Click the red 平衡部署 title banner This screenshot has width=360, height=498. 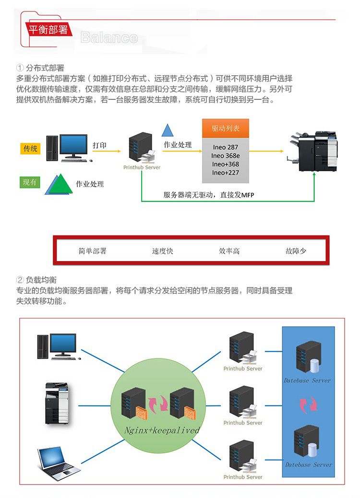tap(48, 30)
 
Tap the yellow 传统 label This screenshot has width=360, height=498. tap(30, 149)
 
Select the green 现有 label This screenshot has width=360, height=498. tap(30, 182)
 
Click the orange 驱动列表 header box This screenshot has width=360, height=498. tap(226, 129)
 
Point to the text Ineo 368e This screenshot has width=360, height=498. tap(226, 156)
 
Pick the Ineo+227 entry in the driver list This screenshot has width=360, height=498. tap(226, 173)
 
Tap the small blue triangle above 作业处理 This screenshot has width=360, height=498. tap(167, 130)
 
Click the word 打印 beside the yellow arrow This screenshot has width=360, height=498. tap(100, 145)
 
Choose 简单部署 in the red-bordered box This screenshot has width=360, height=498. tap(92, 251)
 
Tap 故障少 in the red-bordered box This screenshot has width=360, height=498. tap(296, 251)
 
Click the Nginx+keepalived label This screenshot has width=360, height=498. tap(162, 430)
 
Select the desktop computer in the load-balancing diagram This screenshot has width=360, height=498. tap(56, 346)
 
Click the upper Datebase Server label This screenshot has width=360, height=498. tap(308, 380)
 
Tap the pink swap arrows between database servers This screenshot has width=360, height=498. tap(308, 405)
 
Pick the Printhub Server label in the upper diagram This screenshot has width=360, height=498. tap(142, 167)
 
